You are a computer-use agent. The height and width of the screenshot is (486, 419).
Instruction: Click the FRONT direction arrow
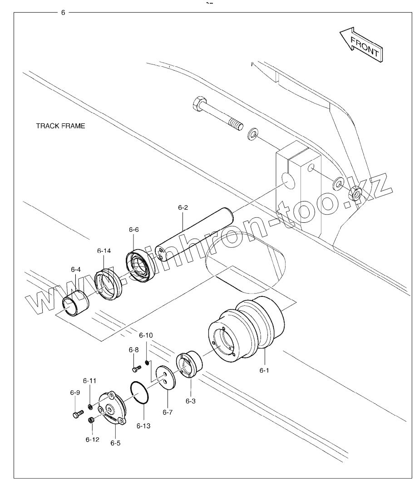coord(361,45)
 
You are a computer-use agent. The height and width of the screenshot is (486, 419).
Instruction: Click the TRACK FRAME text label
coord(60,126)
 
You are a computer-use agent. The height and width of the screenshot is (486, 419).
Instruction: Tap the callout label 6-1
coord(264,370)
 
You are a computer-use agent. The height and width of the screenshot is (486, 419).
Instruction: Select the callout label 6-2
coord(183,207)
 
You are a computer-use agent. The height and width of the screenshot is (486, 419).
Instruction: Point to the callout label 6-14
coord(104,250)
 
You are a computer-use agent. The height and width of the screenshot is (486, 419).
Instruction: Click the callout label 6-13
coord(143,426)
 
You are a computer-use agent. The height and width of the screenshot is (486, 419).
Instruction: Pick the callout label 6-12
coord(93,440)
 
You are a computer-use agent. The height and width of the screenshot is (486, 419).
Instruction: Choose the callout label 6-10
coord(146,335)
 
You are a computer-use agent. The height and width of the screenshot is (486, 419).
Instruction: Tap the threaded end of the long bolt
coord(237,126)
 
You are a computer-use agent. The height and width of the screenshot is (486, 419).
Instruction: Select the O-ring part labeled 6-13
coord(139,393)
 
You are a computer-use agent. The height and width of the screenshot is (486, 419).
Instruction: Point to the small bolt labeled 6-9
coord(78,414)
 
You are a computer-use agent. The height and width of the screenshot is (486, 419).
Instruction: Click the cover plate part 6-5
coord(112,408)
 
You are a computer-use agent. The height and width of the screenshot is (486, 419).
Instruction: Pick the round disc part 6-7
coord(165,377)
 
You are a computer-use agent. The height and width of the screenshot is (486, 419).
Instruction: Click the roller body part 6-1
coord(246,329)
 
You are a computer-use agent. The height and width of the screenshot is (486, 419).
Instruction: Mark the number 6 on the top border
coord(63,13)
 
